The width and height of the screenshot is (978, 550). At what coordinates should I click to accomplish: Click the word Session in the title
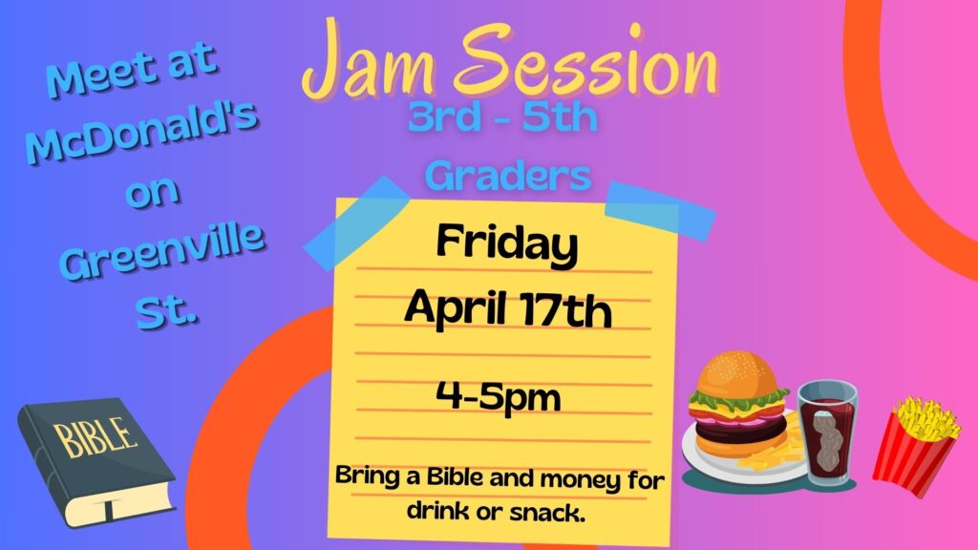click(x=586, y=60)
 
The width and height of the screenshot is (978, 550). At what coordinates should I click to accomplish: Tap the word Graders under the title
click(x=508, y=177)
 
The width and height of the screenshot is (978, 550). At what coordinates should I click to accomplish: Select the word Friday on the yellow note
click(x=506, y=243)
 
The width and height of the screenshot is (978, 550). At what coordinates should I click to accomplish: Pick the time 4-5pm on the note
click(x=498, y=396)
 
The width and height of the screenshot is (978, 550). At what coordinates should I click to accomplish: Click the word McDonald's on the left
click(x=141, y=133)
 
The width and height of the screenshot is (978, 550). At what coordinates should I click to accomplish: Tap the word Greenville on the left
click(x=162, y=251)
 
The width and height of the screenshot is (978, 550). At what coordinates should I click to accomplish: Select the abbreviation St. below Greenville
click(x=166, y=311)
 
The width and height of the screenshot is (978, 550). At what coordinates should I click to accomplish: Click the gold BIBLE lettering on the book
click(x=96, y=436)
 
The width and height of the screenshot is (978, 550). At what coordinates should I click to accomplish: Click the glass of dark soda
click(x=828, y=433)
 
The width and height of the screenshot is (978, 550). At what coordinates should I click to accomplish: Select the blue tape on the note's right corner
click(x=660, y=211)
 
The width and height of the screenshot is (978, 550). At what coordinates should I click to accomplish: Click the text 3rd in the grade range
click(x=443, y=117)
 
